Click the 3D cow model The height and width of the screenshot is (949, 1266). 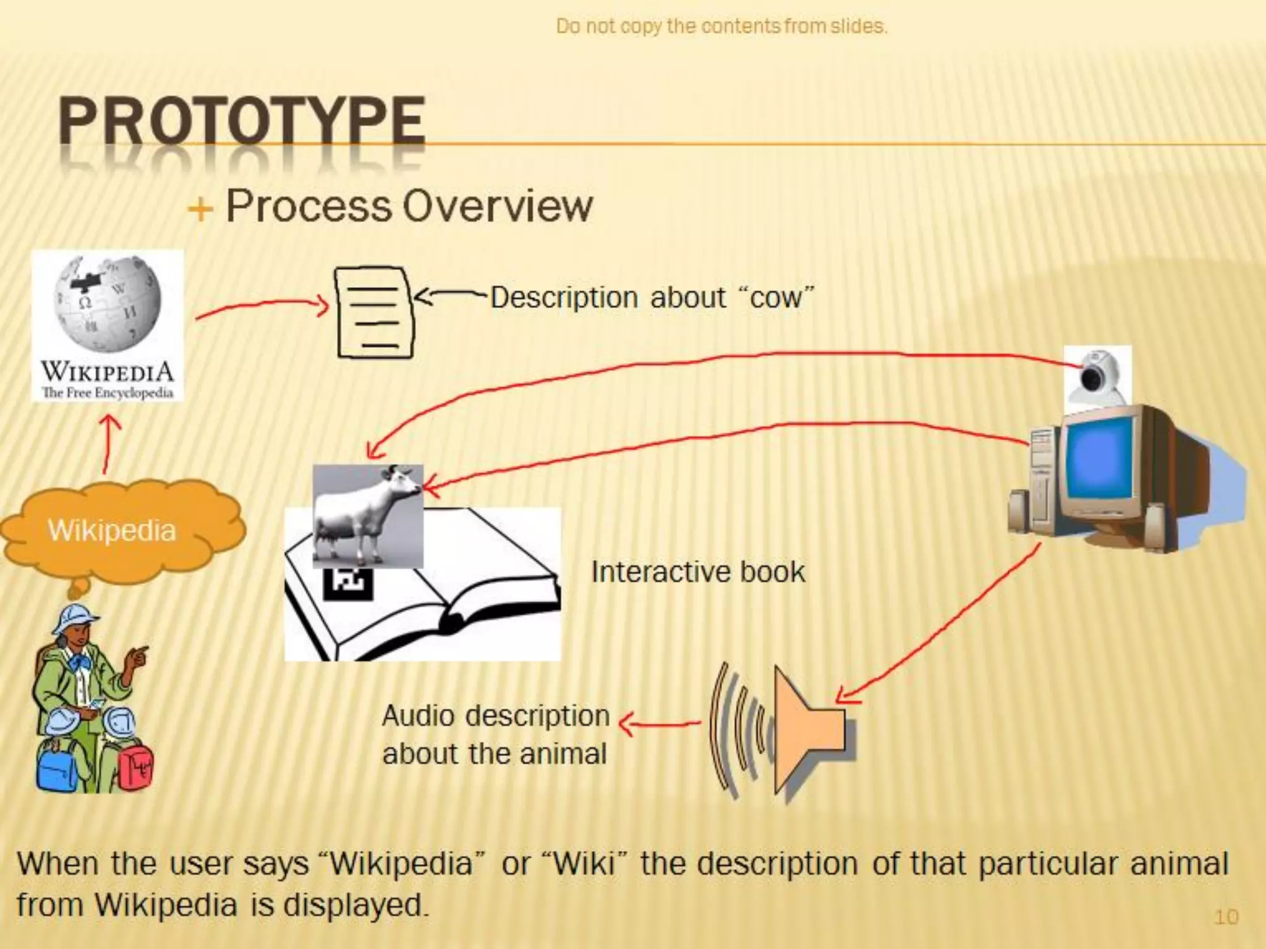tap(368, 514)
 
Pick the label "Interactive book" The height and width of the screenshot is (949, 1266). tap(698, 572)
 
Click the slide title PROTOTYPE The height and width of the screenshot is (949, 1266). tap(242, 122)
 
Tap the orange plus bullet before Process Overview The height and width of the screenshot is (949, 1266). tap(200, 209)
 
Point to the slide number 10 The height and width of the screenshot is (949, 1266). tap(1226, 916)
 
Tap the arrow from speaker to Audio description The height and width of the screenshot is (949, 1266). tap(659, 723)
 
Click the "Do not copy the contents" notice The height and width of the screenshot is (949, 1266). tap(721, 27)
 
